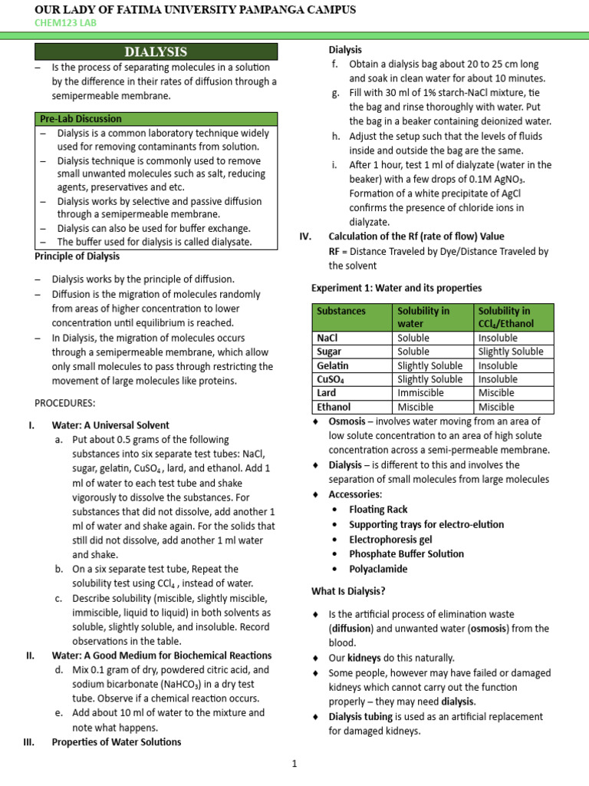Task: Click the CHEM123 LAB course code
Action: coord(66,23)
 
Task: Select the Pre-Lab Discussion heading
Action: coord(81,119)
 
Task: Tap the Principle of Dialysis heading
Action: coord(77,256)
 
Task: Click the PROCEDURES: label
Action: coord(65,403)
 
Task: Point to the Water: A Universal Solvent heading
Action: coord(110,424)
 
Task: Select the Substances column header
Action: coord(341,311)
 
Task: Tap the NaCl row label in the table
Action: coord(327,338)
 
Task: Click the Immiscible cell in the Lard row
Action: coord(420,393)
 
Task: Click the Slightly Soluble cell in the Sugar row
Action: coord(510,352)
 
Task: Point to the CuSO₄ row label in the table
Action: coord(332,379)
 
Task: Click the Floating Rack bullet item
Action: coord(378,509)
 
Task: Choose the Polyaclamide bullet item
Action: coord(378,569)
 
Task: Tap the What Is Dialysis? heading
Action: coord(348,591)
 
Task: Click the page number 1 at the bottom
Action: coord(294,763)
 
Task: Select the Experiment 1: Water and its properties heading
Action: coord(397,288)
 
